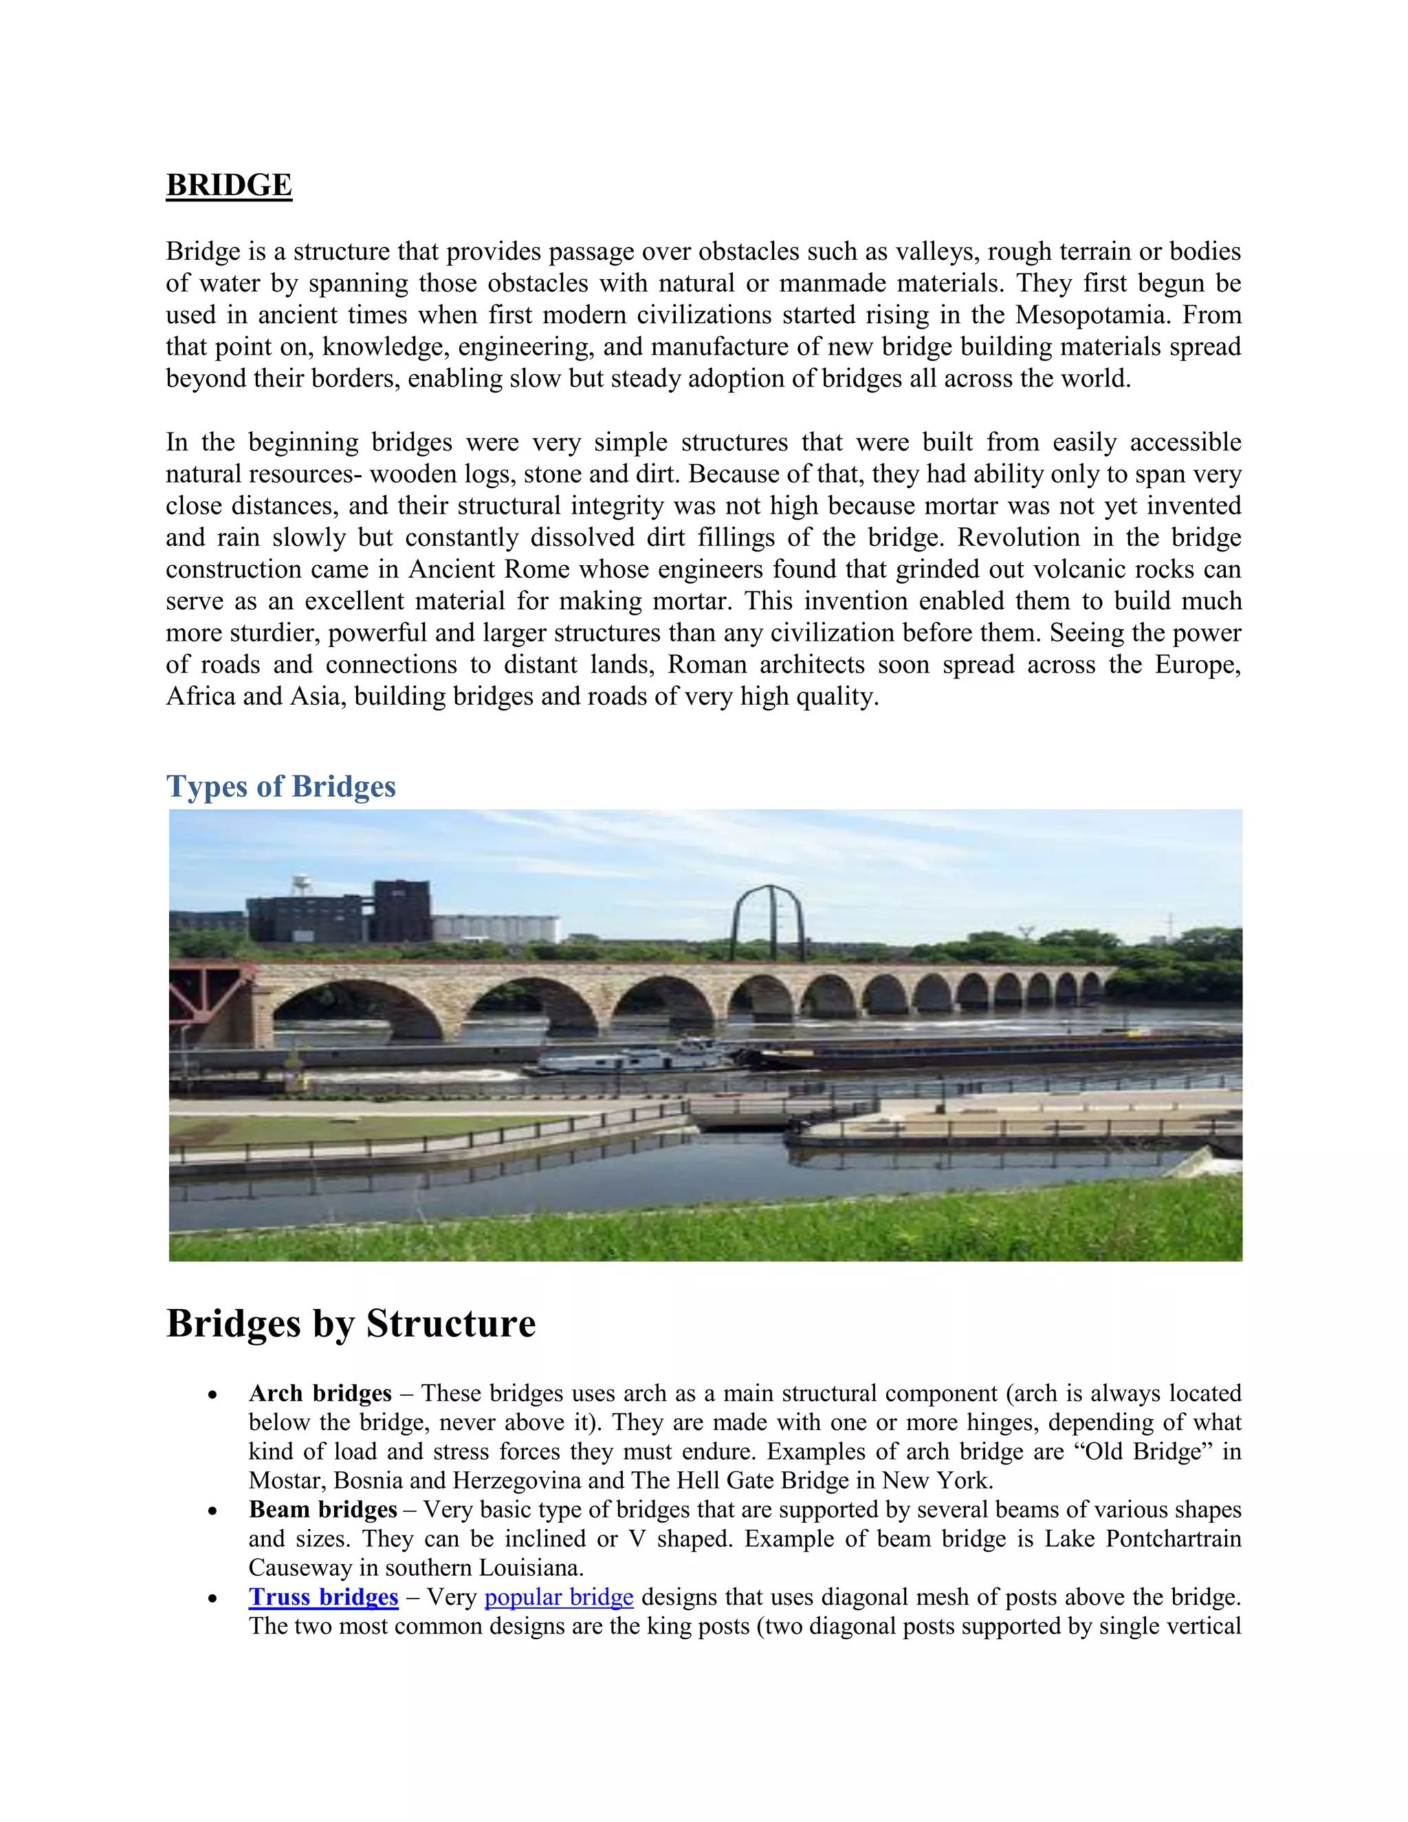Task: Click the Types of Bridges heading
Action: (280, 787)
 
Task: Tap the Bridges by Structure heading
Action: (351, 1324)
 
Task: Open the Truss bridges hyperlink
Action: (323, 1596)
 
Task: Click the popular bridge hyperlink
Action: (558, 1596)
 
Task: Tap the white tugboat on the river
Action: (634, 1059)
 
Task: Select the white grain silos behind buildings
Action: (496, 928)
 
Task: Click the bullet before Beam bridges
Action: (214, 1511)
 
